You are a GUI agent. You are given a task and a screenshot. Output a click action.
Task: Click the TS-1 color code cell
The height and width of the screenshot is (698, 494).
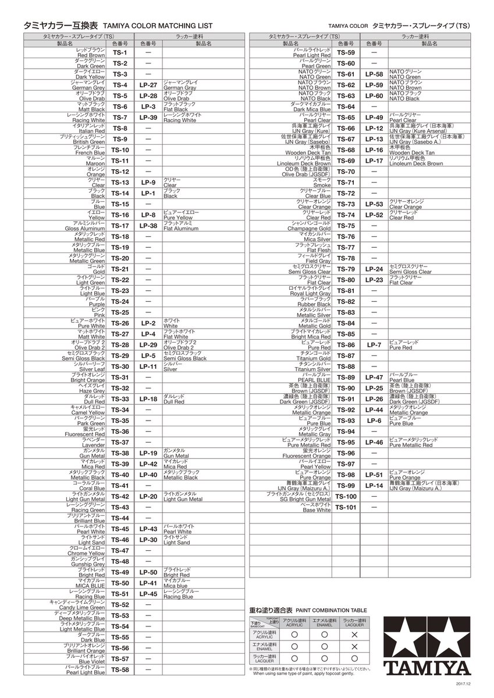point(120,52)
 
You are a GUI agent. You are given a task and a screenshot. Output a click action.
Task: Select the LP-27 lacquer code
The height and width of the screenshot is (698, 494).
point(148,85)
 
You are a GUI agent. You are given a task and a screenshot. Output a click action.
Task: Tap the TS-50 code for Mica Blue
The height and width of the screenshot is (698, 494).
point(120,583)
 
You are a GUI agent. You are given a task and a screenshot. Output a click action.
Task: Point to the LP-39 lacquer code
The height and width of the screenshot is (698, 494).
point(148,117)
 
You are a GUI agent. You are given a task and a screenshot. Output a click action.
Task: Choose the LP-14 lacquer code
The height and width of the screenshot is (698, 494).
point(374,486)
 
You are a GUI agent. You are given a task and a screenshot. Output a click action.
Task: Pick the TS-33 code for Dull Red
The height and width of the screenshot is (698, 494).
point(120,399)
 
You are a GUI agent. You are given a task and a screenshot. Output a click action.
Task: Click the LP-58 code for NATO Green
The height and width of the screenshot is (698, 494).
point(374,74)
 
